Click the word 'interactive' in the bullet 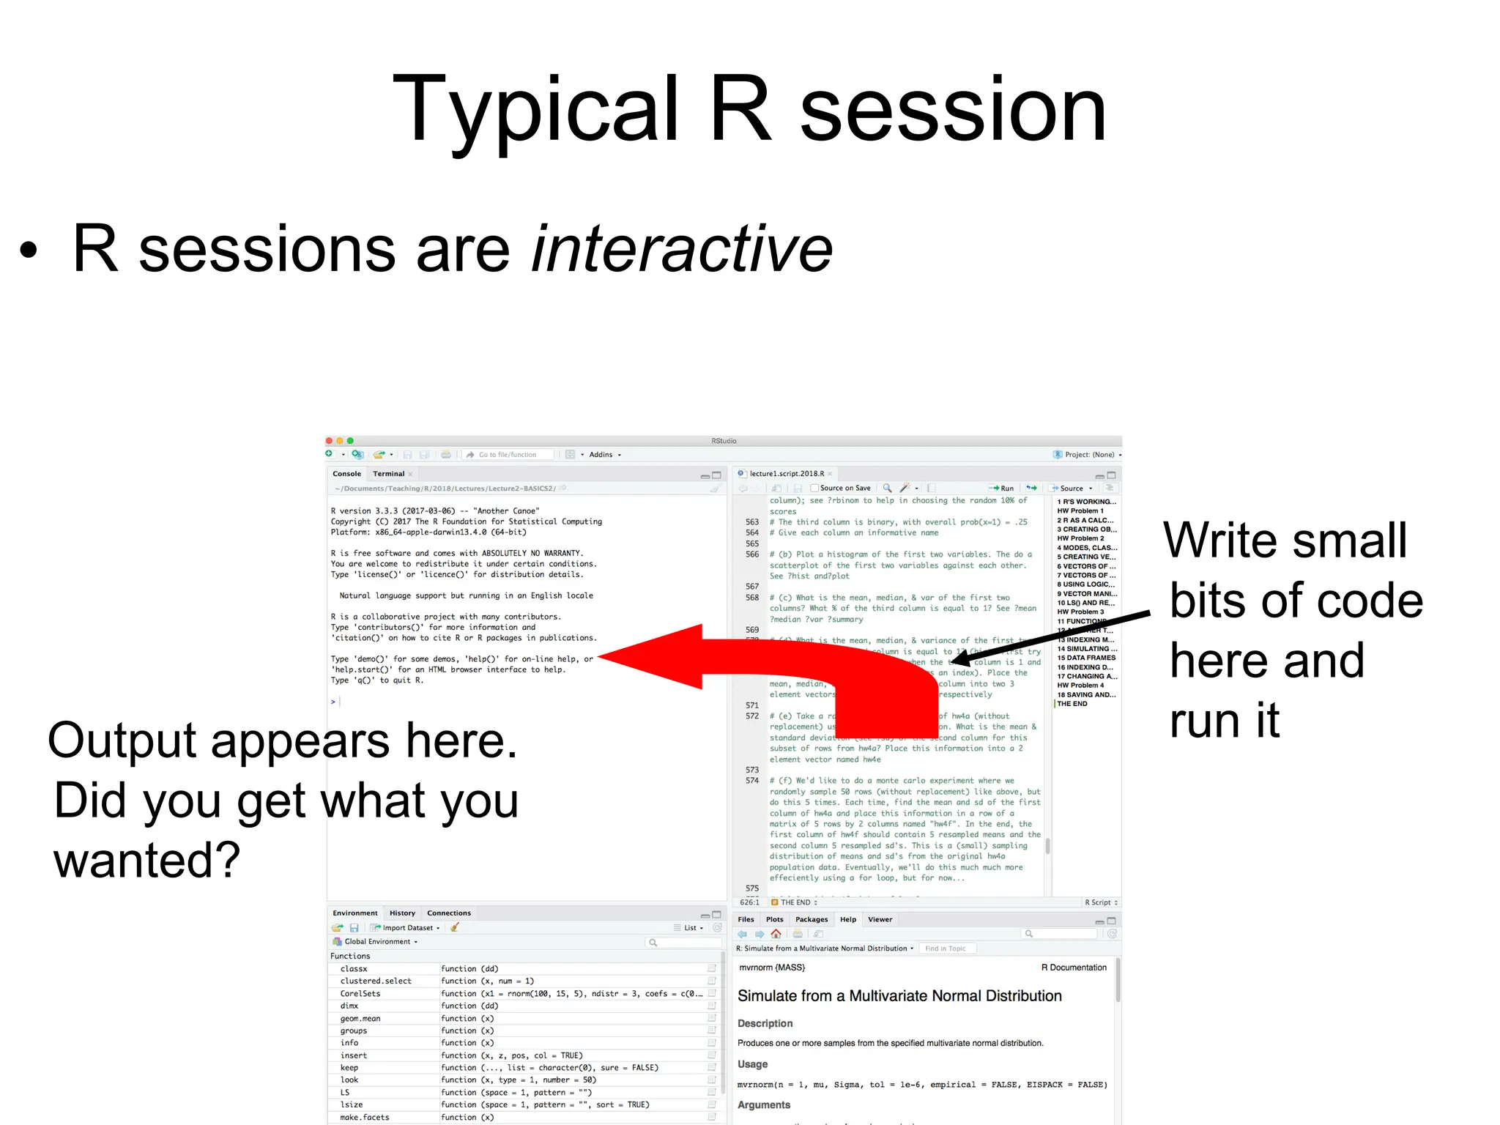(x=682, y=249)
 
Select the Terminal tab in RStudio (x=388, y=474)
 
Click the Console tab (x=346, y=474)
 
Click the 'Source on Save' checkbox (x=814, y=488)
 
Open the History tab (x=402, y=913)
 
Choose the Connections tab (x=448, y=913)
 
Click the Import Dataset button (x=406, y=928)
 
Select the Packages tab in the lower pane (x=811, y=920)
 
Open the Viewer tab (x=880, y=920)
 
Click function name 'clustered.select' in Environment (x=376, y=981)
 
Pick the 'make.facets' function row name (x=365, y=1118)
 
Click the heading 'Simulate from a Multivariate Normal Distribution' (x=899, y=996)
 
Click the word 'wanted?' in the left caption (x=146, y=860)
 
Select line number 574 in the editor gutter (x=752, y=781)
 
